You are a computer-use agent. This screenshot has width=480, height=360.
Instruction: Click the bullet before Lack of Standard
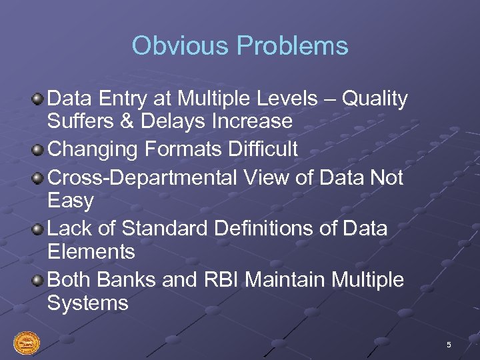(x=39, y=229)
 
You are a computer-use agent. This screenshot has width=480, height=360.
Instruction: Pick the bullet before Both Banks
(x=39, y=280)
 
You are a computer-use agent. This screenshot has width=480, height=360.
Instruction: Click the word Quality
(x=375, y=99)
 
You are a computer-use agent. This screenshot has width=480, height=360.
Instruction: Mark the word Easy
(x=71, y=201)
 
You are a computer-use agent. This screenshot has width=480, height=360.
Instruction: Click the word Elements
(x=91, y=251)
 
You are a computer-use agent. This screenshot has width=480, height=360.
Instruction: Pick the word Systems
(x=87, y=303)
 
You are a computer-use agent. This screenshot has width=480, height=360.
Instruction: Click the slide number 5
(x=449, y=345)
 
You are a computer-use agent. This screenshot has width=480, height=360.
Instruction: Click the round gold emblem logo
(x=27, y=343)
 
